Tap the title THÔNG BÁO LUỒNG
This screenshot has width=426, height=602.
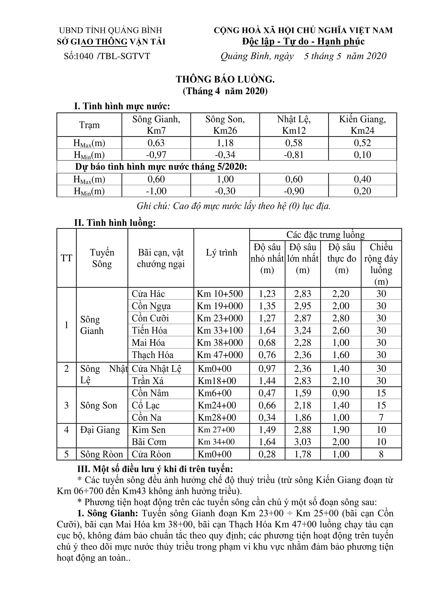(225, 79)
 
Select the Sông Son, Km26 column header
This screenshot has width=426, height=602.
(225, 125)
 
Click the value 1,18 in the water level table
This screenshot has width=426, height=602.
(225, 143)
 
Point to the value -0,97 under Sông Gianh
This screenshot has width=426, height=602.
(156, 155)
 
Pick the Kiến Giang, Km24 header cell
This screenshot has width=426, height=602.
(362, 125)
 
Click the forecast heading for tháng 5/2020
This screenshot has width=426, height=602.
(161, 167)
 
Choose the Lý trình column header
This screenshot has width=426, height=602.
(221, 252)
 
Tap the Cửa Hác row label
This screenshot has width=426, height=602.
(148, 294)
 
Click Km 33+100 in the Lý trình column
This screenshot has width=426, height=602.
(220, 330)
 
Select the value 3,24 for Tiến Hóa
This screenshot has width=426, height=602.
(302, 330)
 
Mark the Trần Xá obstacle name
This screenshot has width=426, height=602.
(147, 381)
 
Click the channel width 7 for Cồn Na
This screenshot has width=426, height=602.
(381, 417)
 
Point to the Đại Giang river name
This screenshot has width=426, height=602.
(100, 430)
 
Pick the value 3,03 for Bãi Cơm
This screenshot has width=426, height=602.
(302, 442)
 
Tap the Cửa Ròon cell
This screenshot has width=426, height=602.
(151, 454)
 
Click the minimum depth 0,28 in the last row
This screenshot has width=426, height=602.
(267, 454)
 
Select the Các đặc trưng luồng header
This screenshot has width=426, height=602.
(325, 235)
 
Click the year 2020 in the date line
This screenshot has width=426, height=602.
(377, 56)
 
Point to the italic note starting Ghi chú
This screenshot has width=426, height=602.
(233, 206)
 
